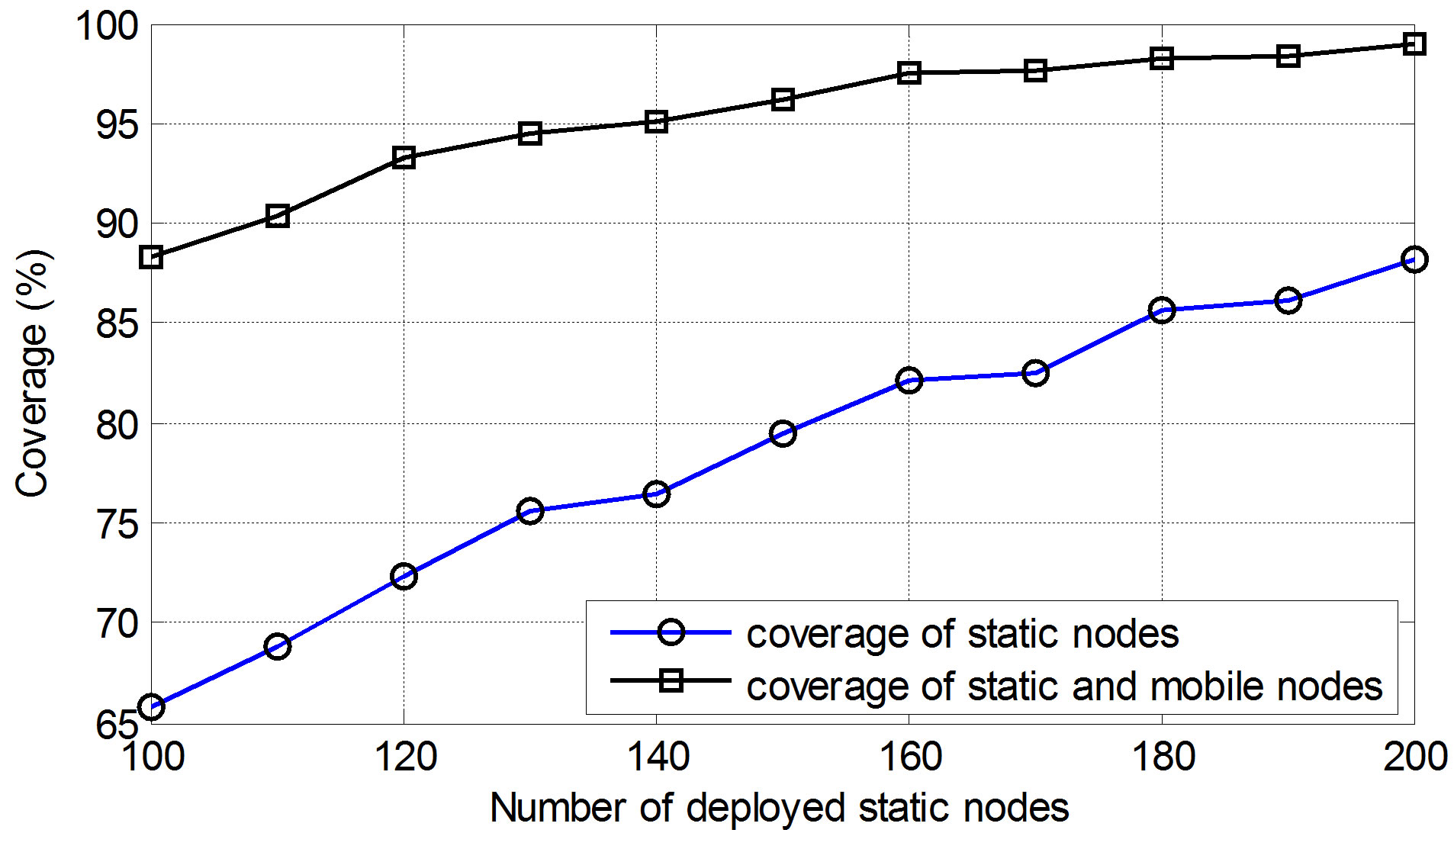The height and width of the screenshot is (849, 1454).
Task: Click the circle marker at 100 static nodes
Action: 151,707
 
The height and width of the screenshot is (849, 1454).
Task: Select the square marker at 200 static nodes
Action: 1414,44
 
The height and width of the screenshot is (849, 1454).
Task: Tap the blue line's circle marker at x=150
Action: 783,434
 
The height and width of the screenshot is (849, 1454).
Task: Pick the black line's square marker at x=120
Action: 404,158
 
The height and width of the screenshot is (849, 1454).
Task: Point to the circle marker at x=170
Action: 1035,373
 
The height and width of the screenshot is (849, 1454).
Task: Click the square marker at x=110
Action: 278,217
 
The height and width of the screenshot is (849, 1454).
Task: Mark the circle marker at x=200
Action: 1414,259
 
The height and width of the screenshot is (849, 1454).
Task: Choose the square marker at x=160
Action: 909,73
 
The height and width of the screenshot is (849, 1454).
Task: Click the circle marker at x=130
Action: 530,510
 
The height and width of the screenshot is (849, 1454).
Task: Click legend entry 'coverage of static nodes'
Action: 962,634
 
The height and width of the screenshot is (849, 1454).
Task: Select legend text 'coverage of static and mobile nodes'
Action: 1064,686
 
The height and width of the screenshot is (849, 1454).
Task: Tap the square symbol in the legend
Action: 671,680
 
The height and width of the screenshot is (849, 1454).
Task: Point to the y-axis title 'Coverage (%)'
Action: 34,374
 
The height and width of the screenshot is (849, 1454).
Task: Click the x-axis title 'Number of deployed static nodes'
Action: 779,808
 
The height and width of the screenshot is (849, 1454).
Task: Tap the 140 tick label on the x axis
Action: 657,757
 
